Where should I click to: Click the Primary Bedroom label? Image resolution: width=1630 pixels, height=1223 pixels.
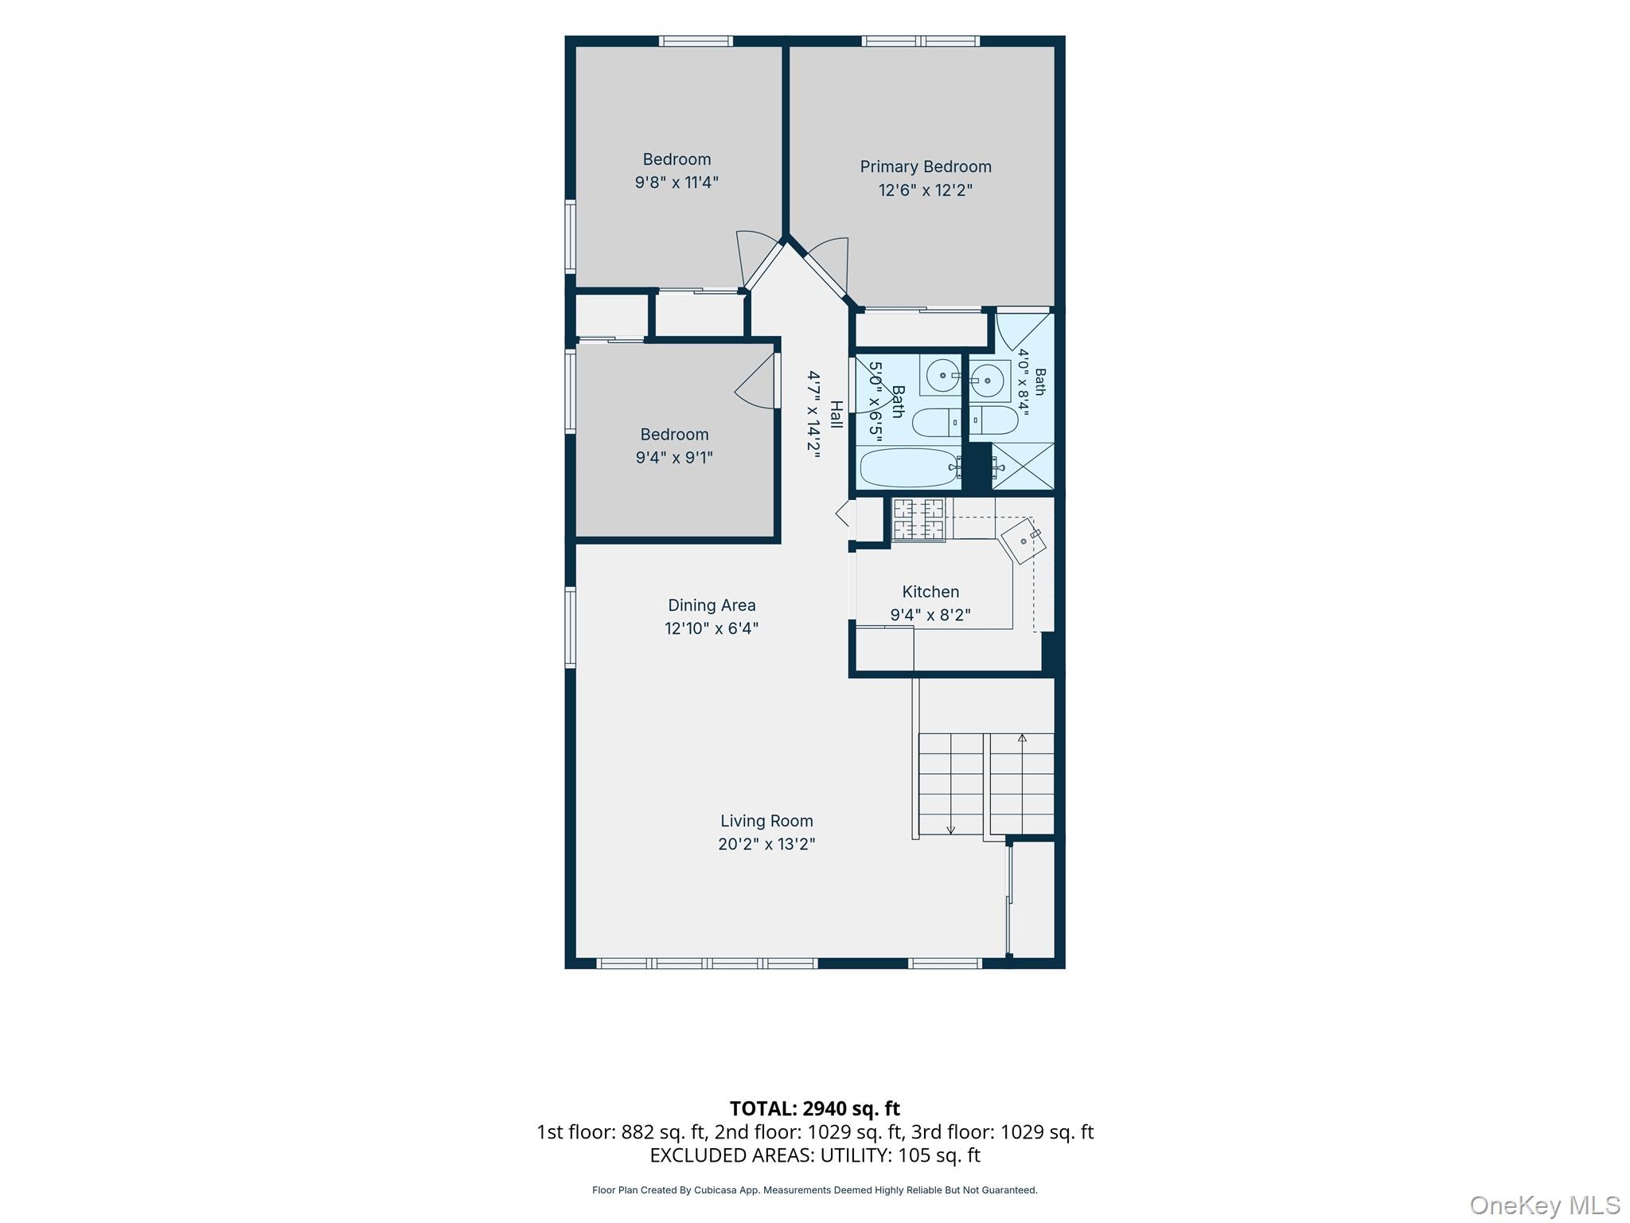(926, 167)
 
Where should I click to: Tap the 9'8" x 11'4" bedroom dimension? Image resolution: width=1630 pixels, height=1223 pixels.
(677, 182)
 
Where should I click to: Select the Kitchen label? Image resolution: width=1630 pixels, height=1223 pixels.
(930, 592)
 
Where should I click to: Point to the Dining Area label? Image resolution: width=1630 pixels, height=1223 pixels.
(712, 605)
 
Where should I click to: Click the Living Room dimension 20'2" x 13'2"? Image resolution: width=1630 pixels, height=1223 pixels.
(766, 844)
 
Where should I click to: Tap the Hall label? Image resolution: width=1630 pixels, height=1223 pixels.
(836, 414)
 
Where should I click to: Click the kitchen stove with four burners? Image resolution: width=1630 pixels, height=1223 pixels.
(918, 519)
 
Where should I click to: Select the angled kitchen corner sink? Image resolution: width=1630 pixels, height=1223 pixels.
(1024, 541)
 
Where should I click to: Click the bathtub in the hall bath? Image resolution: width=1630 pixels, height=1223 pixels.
(909, 467)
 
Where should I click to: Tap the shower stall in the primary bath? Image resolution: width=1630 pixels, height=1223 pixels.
(1022, 466)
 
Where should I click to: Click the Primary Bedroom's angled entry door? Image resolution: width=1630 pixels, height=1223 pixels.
(827, 267)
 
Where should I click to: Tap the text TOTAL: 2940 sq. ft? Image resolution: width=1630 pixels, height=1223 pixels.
(815, 1108)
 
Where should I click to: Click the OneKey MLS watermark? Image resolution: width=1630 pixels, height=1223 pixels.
(1545, 1205)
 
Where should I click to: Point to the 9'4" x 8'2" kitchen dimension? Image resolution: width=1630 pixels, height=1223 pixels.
(930, 615)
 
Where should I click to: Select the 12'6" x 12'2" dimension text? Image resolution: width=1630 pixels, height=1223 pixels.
(926, 190)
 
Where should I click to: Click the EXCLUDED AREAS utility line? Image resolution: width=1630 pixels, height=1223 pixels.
(815, 1155)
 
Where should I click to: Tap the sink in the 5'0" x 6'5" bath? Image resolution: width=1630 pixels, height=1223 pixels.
(942, 375)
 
